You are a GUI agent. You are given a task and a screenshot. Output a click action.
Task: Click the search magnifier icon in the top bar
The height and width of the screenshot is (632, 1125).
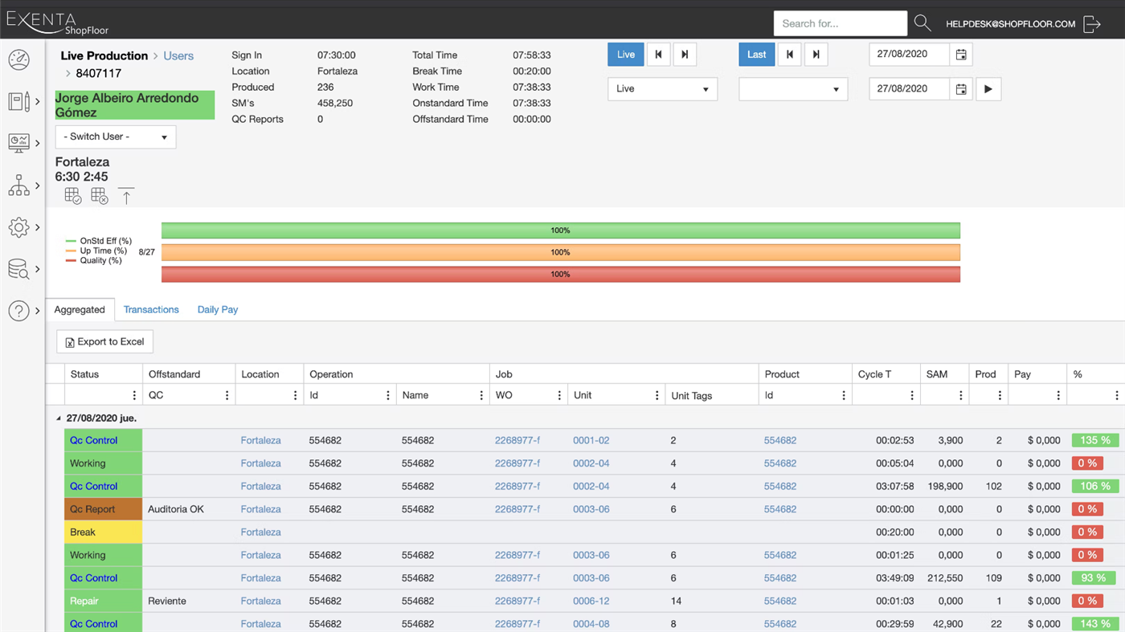pyautogui.click(x=922, y=23)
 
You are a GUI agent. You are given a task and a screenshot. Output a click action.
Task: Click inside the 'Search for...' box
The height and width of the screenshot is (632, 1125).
pyautogui.click(x=840, y=23)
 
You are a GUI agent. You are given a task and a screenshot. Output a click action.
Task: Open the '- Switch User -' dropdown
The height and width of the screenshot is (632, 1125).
pyautogui.click(x=116, y=137)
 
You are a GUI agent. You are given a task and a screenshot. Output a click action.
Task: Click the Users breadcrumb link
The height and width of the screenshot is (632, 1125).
pyautogui.click(x=178, y=55)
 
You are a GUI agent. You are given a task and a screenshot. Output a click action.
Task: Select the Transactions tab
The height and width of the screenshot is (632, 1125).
pyautogui.click(x=151, y=309)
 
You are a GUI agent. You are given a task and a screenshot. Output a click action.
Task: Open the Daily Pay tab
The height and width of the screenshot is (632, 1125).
pyautogui.click(x=218, y=309)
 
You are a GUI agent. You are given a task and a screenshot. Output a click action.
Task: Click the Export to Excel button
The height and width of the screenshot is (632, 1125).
pyautogui.click(x=104, y=341)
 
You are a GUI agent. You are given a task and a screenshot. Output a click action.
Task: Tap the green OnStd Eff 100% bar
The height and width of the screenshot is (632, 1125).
pyautogui.click(x=560, y=230)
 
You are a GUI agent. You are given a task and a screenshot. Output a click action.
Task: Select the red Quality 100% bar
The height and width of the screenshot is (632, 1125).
pyautogui.click(x=560, y=274)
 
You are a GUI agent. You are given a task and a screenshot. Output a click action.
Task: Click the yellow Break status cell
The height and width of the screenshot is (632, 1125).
pyautogui.click(x=103, y=532)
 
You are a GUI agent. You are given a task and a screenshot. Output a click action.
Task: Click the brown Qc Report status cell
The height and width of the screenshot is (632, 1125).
pyautogui.click(x=103, y=509)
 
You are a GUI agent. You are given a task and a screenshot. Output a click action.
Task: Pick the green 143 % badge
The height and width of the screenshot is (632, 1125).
pyautogui.click(x=1094, y=623)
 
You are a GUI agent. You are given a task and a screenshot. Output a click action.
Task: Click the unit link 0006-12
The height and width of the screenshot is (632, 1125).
pyautogui.click(x=591, y=601)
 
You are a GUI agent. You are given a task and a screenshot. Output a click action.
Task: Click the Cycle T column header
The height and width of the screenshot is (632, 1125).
pyautogui.click(x=874, y=374)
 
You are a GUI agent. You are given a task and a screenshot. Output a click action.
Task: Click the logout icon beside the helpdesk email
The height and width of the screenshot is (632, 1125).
pyautogui.click(x=1091, y=24)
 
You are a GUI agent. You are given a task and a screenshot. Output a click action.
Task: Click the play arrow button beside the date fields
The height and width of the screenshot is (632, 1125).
pyautogui.click(x=988, y=89)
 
